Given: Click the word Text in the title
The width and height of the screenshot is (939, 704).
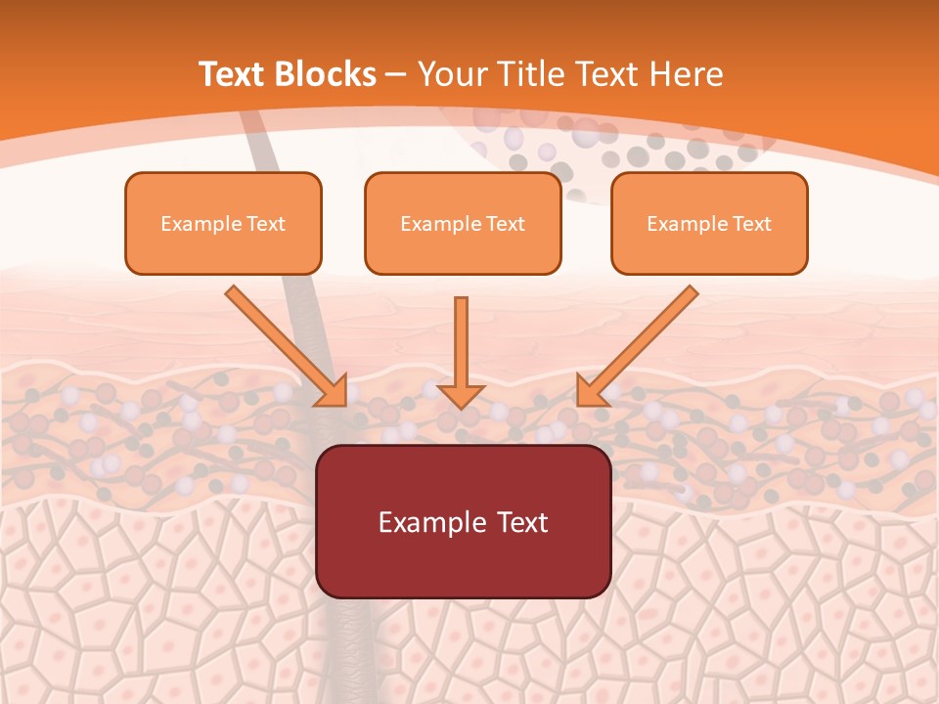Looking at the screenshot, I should click(233, 74).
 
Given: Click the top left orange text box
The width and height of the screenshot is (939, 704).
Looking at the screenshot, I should click(223, 223).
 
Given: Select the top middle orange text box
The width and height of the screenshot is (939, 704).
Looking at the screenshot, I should click(463, 223).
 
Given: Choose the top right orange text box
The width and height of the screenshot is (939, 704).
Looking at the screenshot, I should click(709, 223).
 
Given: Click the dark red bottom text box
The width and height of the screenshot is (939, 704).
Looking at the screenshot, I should click(463, 521).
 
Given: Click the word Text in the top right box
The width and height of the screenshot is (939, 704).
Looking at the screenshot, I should click(752, 224).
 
